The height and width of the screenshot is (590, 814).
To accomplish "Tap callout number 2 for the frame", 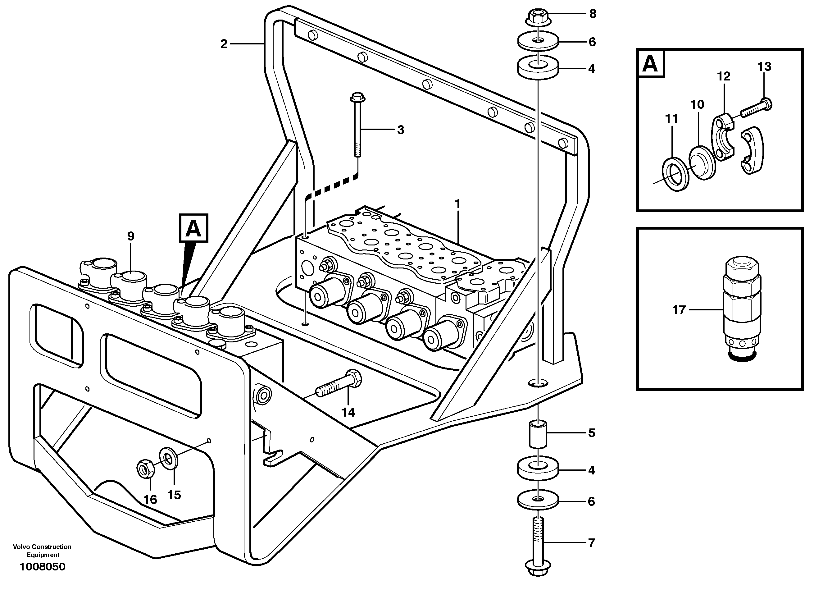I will tap(224, 44).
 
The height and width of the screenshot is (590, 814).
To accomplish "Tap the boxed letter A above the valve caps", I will tap(194, 228).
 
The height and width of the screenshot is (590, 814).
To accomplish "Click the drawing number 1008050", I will tap(42, 567).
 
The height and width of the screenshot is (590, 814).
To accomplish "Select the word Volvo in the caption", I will tap(21, 547).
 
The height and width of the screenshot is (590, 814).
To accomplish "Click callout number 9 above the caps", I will tap(131, 236).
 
